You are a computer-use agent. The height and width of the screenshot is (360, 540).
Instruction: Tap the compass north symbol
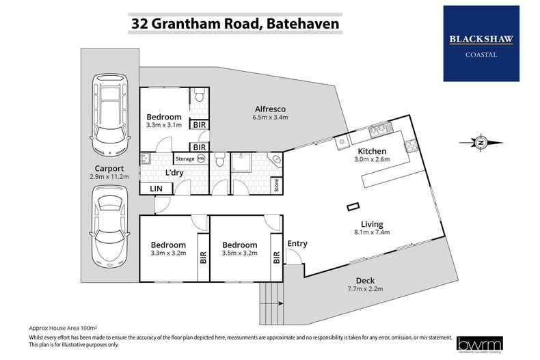tap(481, 143)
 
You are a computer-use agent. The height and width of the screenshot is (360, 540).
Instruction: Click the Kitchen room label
tap(372, 151)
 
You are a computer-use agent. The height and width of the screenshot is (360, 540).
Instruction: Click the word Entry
tap(297, 243)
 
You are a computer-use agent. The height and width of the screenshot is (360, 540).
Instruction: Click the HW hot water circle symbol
tap(201, 159)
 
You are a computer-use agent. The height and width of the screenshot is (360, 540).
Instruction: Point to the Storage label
tap(185, 159)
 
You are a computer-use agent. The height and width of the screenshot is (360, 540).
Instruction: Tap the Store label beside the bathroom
tap(276, 185)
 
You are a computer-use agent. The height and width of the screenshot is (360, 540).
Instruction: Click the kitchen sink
tap(377, 128)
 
